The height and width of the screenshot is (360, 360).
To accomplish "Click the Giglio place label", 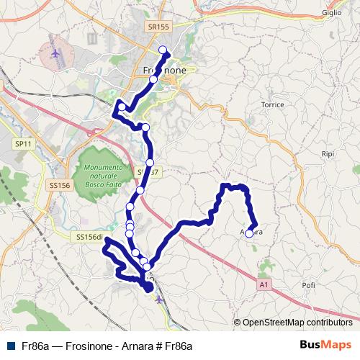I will pyautogui.click(x=332, y=12).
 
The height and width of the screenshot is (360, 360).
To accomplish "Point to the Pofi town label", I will pyautogui.click(x=309, y=285).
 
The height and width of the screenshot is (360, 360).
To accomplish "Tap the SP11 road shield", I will pyautogui.click(x=22, y=145).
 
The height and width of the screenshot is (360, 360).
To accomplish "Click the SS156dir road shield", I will pyautogui.click(x=89, y=236).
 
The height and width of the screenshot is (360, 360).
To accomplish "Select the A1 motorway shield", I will pyautogui.click(x=264, y=285).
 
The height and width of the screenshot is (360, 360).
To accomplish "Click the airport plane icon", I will pyautogui.click(x=56, y=53).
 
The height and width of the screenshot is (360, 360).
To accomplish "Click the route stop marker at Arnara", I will pyautogui.click(x=249, y=233).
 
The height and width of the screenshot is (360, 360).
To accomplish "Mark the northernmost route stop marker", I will pyautogui.click(x=162, y=50).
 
